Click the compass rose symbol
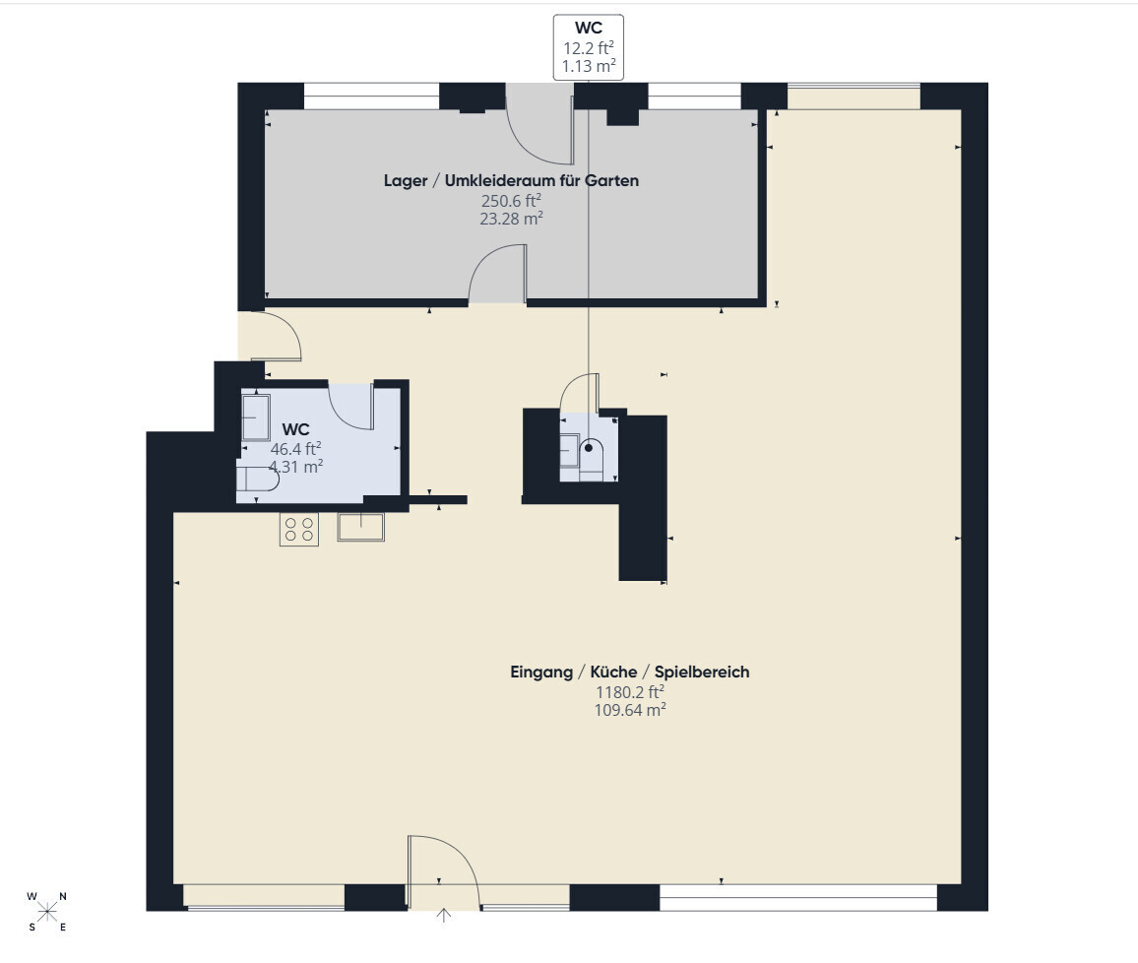[x=47, y=912]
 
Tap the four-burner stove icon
[x=299, y=529]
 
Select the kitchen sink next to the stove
[x=360, y=527]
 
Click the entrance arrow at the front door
[x=443, y=915]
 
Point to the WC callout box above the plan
[x=589, y=47]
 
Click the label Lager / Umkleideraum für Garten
[x=511, y=181]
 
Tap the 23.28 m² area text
[x=511, y=219]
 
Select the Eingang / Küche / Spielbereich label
[x=629, y=672]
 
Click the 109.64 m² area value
[x=629, y=710]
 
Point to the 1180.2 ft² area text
[x=629, y=691]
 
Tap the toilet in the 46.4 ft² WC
[x=258, y=480]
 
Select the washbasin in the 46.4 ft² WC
[x=256, y=417]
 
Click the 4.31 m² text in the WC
[x=295, y=467]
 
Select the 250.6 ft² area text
[x=511, y=200]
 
